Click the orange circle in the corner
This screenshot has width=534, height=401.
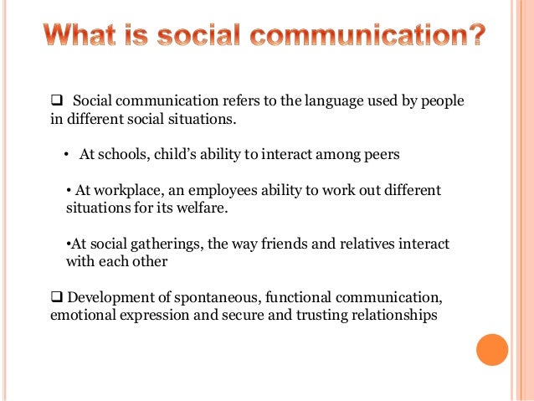tap(492, 349)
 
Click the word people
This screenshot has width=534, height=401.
tap(442, 102)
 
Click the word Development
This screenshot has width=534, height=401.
tap(107, 298)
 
